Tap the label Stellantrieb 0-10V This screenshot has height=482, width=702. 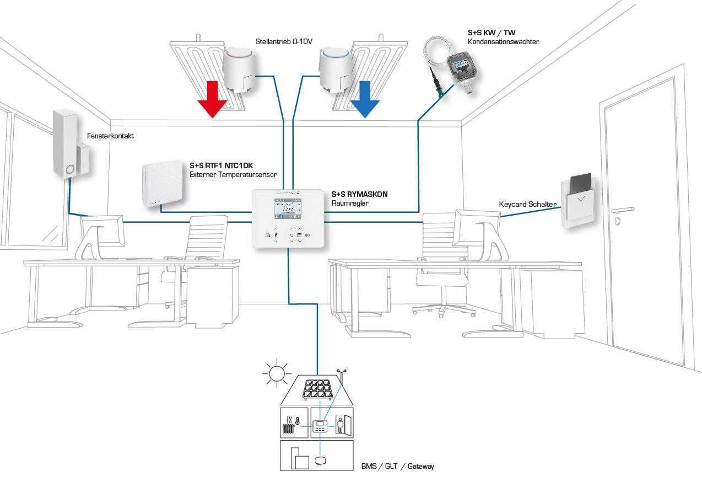[x=284, y=41]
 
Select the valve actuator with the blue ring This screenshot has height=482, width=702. [x=335, y=67]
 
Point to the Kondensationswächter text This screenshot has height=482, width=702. [x=503, y=41]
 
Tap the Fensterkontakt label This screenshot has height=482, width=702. [x=110, y=136]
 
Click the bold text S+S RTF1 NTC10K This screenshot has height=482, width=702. [x=221, y=165]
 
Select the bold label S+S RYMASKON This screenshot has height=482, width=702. [x=359, y=195]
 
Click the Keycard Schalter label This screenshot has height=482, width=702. [x=527, y=205]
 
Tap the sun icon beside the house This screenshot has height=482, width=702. [x=277, y=373]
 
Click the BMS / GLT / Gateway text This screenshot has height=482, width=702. [x=397, y=467]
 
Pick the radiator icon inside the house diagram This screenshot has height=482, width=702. [x=288, y=428]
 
